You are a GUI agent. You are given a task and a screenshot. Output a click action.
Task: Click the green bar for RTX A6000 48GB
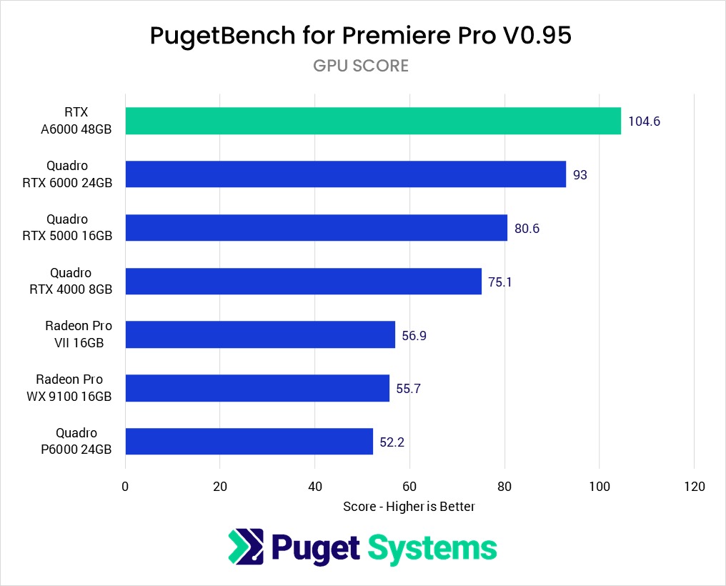coord(373,121)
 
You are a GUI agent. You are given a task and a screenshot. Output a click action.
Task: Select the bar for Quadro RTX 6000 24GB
coord(345,174)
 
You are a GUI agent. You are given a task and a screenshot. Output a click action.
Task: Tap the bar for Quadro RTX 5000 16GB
coord(316,228)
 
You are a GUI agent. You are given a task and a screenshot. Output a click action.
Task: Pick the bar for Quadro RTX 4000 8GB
coord(303,282)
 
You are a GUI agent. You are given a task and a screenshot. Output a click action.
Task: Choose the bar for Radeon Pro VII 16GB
coord(260,334)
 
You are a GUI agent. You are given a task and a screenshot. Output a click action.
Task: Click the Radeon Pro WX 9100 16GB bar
coord(257,388)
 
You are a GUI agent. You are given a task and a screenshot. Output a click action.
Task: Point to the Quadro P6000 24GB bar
coord(249,442)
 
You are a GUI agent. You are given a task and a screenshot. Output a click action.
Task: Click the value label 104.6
coord(644,121)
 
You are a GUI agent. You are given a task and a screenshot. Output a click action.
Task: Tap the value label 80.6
coord(527,229)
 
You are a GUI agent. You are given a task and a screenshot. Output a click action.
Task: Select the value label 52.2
coord(392,442)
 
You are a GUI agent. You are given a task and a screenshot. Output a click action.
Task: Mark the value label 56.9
coord(414,335)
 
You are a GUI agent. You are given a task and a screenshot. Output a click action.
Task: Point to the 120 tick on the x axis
coord(694,487)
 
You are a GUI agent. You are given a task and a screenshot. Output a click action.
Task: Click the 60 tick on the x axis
coord(409,487)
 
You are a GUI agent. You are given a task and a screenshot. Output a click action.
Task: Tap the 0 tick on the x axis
coord(125,487)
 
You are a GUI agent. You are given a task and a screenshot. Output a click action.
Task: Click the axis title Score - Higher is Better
coord(409,506)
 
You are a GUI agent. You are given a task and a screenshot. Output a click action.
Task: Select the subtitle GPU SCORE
coord(361,66)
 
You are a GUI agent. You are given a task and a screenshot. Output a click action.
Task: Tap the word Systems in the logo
coord(432,548)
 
